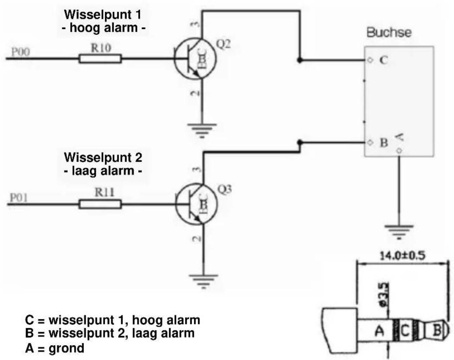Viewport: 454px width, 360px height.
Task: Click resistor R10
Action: point(100,59)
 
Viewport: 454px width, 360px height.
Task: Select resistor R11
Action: point(100,204)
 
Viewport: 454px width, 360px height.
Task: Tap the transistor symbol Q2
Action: point(195,59)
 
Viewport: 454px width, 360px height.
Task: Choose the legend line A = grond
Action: point(55,347)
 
